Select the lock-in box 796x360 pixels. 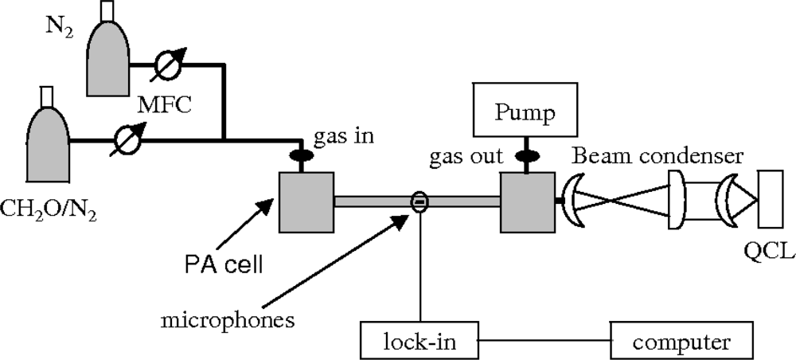coord(420,342)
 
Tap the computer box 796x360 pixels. coord(681,342)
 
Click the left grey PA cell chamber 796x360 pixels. coord(306,202)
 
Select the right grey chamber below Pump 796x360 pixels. coord(526,202)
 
